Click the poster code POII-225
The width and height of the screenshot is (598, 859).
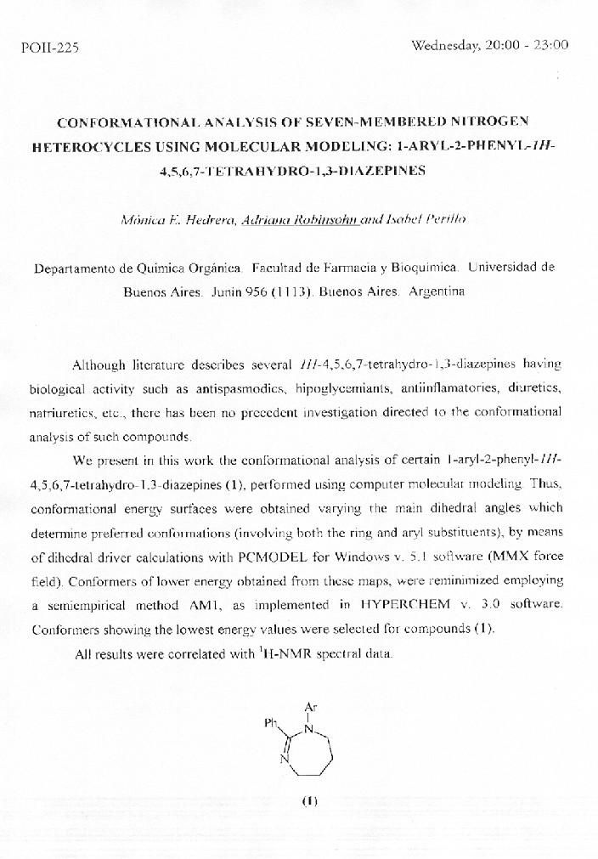coord(50,48)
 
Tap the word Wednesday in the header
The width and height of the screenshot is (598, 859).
coord(445,45)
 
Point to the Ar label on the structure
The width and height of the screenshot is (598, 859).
coord(310,704)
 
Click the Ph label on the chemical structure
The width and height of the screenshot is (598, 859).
coord(271,726)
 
